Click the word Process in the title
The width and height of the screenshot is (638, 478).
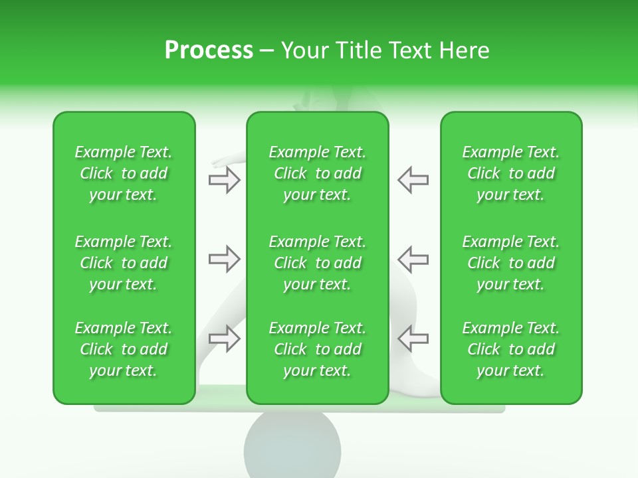209,50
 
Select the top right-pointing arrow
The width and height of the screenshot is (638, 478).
224,180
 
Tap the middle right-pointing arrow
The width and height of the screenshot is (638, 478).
224,259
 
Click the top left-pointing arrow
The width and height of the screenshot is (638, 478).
413,180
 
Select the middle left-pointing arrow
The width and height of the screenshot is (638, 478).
413,259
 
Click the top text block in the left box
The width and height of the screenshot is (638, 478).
124,173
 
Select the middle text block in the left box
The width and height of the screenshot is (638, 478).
124,263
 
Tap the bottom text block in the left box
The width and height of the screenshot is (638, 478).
124,349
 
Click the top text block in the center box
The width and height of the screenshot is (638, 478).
317,173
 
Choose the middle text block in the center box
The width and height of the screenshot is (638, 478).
317,263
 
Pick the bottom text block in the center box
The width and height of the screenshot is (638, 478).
317,349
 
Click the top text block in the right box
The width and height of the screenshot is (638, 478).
510,173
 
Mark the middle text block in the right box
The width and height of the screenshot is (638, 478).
510,263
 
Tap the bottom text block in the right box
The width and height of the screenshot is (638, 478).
510,349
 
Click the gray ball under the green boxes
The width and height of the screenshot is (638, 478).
292,445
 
